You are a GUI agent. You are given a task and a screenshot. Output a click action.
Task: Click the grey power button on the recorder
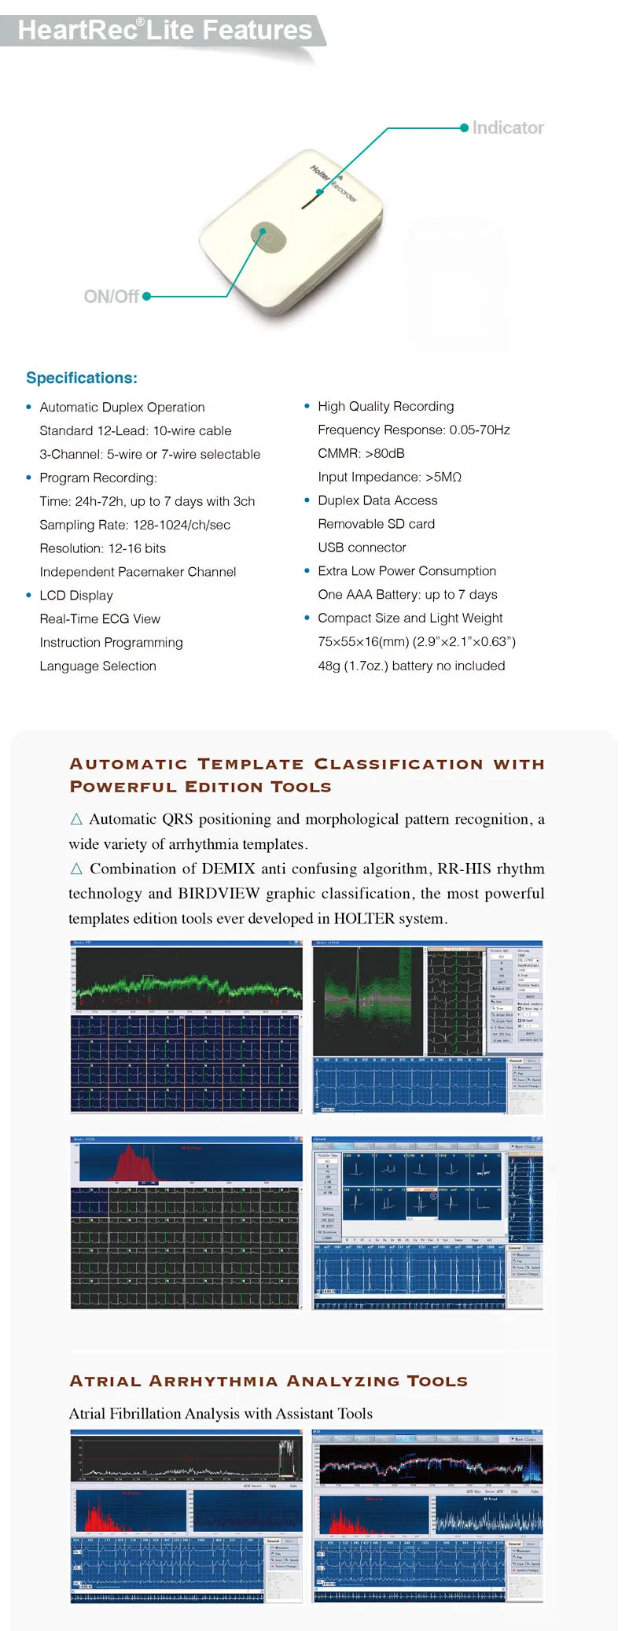tap(268, 237)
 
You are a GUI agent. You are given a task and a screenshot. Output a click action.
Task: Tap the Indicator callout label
tap(508, 127)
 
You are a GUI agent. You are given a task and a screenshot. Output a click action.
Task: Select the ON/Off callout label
tap(111, 297)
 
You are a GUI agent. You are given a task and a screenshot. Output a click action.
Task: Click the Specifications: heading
tap(82, 378)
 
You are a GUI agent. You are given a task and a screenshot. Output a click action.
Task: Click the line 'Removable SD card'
tap(376, 524)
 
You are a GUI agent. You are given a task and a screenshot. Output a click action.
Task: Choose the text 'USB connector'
tap(362, 548)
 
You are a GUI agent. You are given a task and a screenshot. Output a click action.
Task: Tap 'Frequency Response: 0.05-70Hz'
tap(414, 430)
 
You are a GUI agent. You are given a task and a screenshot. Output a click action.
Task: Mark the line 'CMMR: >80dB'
tap(361, 453)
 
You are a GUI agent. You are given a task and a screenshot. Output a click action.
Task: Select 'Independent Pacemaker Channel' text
tap(138, 572)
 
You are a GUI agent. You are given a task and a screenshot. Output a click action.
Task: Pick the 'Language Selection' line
tap(97, 666)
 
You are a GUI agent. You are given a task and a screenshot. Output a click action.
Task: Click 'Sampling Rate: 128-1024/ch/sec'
tap(134, 525)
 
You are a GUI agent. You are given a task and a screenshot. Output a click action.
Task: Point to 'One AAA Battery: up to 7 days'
tap(407, 595)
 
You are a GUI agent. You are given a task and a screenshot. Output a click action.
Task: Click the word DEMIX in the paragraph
tap(228, 869)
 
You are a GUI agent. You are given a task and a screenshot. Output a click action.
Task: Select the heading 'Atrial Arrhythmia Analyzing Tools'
tap(268, 1382)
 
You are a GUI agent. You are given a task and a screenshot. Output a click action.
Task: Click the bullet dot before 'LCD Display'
tap(29, 596)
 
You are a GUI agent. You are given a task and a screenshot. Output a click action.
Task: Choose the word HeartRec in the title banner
tap(77, 30)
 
